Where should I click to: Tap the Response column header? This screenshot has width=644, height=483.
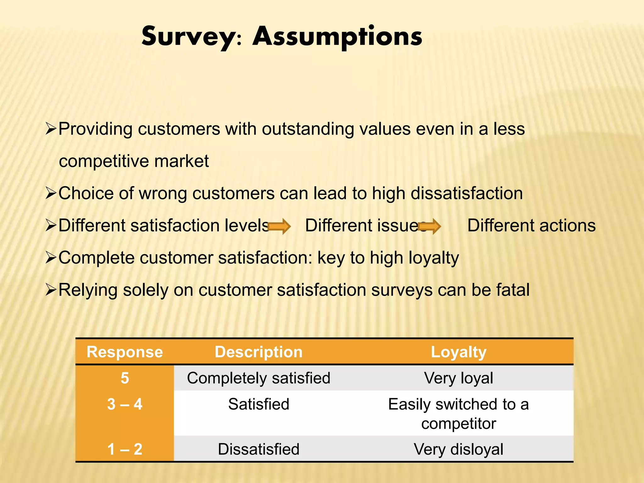(x=125, y=352)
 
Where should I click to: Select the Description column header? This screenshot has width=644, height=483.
(x=258, y=352)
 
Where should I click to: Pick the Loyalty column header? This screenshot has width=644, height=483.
(x=458, y=352)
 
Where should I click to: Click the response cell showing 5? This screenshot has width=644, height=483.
(x=125, y=378)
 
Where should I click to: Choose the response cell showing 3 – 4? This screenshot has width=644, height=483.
(x=125, y=404)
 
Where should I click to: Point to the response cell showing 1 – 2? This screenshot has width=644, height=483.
(x=125, y=449)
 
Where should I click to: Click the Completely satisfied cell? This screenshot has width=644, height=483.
(x=258, y=378)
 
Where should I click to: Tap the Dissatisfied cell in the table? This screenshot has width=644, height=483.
(x=258, y=449)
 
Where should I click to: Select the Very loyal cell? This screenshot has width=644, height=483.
(x=458, y=378)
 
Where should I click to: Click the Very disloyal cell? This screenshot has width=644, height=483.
(x=458, y=449)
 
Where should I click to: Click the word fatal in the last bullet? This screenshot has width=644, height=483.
(x=513, y=290)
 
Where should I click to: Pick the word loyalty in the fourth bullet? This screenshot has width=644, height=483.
(x=434, y=258)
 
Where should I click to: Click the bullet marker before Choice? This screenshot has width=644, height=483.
(x=51, y=193)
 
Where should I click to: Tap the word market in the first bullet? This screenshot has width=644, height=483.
(x=181, y=161)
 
